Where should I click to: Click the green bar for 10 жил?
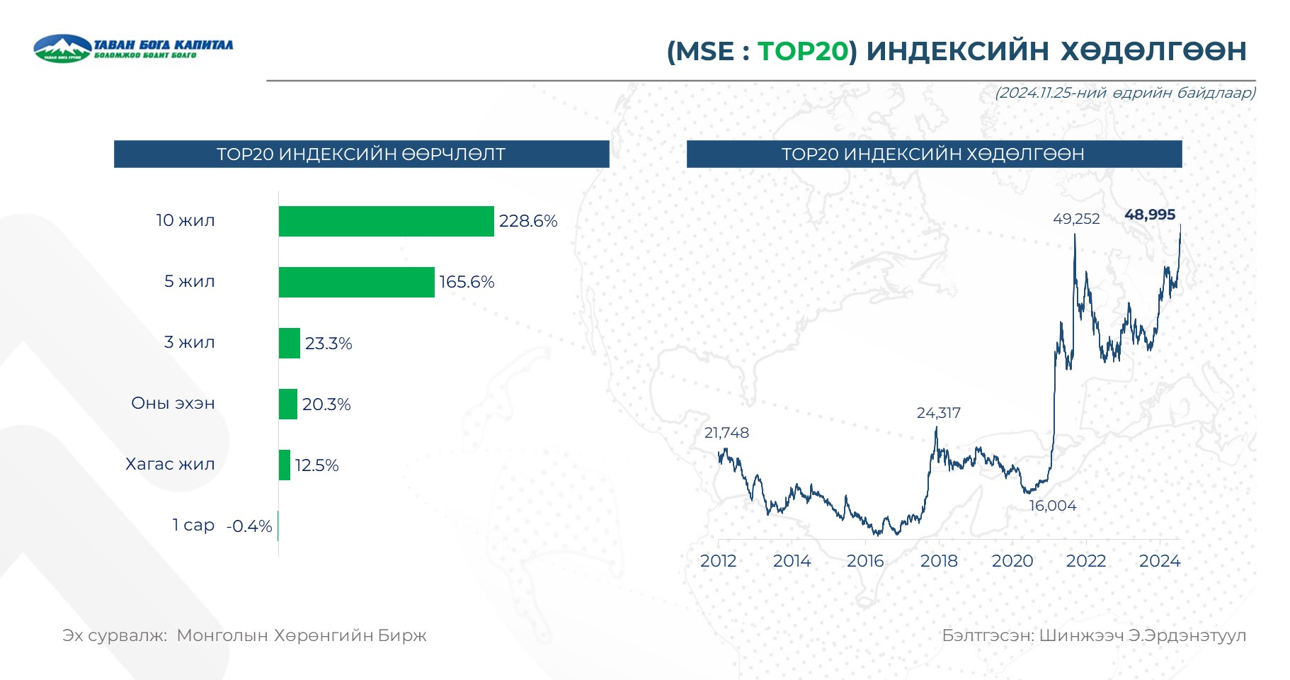[386, 221]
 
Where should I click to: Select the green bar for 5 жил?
[356, 282]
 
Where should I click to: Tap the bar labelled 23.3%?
[289, 343]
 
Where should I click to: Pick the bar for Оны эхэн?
[287, 404]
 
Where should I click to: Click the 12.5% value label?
[316, 465]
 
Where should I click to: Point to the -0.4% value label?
[249, 526]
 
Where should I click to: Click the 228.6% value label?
[528, 221]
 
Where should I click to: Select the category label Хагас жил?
[170, 464]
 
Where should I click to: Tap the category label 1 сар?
[193, 525]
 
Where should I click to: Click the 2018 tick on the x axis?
[939, 561]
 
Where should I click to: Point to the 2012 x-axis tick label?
[718, 561]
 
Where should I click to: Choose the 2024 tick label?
[1160, 561]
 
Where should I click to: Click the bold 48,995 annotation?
[1150, 215]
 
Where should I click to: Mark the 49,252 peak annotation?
[1076, 219]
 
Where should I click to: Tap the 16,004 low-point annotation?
[1053, 506]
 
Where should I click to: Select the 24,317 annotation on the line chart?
[939, 413]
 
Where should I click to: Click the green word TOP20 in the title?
[803, 51]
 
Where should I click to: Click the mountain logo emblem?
[62, 48]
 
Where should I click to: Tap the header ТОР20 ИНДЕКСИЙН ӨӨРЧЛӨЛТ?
[361, 154]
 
